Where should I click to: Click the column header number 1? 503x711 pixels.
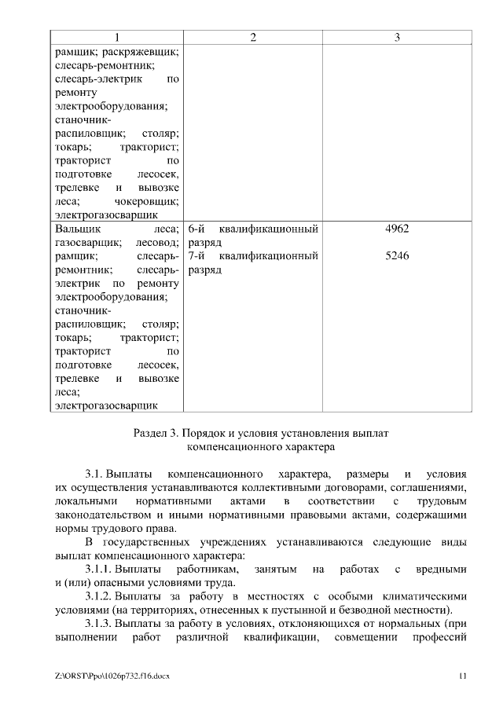116,38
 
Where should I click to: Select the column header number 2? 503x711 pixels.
253,38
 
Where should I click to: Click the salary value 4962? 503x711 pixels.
398,229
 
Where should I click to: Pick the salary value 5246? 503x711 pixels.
398,256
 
